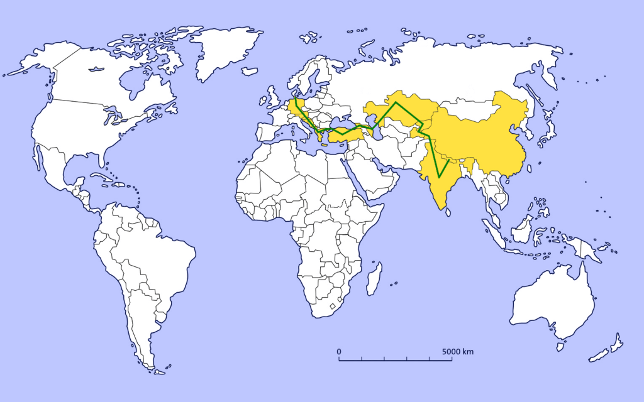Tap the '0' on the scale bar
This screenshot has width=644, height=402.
(339, 351)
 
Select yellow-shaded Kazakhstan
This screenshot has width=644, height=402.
(402, 110)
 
